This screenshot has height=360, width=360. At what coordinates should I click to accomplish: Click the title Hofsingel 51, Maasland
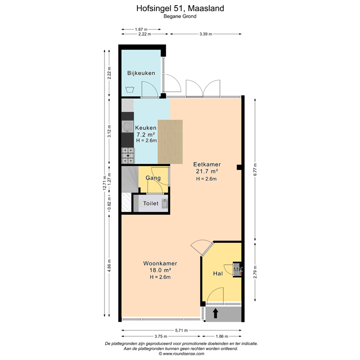180,8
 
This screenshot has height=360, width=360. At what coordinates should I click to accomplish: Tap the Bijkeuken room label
141,73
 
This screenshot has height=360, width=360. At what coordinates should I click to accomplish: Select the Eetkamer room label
207,165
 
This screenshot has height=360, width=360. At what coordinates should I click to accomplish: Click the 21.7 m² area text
206,172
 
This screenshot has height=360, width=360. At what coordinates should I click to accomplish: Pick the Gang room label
153,178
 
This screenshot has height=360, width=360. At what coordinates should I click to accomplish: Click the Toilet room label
150,204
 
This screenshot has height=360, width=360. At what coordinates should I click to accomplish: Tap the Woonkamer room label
160,263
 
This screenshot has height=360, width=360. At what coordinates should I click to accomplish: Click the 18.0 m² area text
160,270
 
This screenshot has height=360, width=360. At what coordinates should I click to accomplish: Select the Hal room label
217,274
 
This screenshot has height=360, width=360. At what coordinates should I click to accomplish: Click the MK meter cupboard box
238,270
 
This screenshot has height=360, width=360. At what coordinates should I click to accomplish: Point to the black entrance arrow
216,313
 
